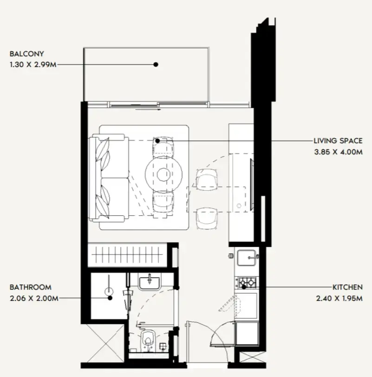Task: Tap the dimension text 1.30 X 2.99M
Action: tap(33, 65)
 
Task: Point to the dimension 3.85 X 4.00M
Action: tap(337, 151)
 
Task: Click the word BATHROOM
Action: tap(30, 288)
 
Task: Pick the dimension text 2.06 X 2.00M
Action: tap(33, 298)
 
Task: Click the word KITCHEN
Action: tap(347, 288)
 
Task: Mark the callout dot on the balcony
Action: tap(156, 65)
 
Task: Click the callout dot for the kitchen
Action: tap(243, 287)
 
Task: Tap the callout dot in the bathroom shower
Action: tap(110, 298)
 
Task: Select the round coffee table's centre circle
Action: tap(162, 174)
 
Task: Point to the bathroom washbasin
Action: tap(150, 281)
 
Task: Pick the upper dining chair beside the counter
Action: tap(206, 179)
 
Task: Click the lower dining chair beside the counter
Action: tap(206, 218)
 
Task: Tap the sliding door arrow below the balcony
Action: tap(149, 111)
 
